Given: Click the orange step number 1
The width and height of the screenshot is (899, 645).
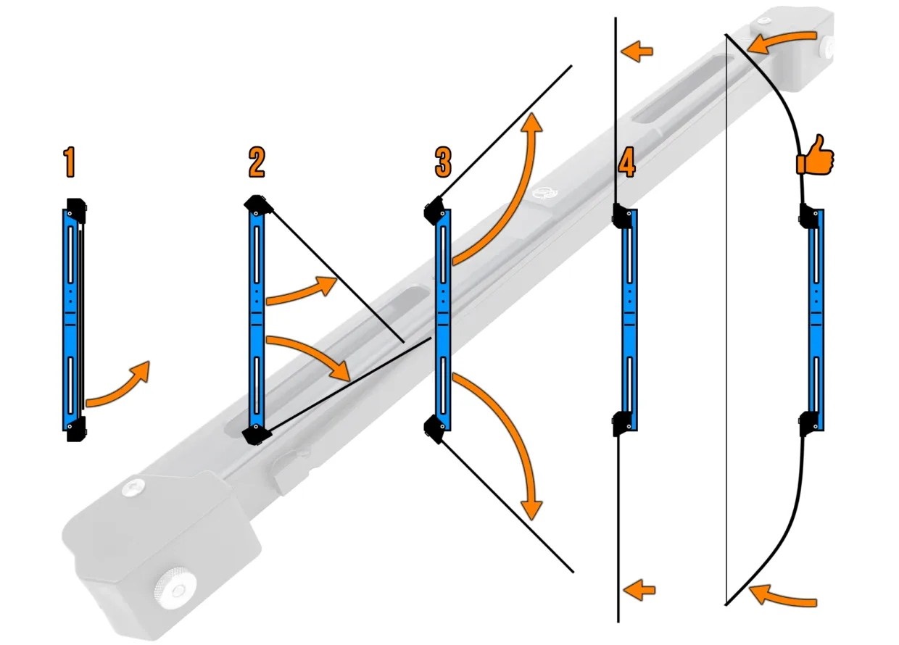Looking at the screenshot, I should click(x=69, y=162).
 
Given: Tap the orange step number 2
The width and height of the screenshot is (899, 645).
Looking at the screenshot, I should click(x=256, y=162).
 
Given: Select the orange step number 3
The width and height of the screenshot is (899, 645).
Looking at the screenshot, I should click(x=443, y=162).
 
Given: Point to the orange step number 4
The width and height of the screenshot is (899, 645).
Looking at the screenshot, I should click(x=626, y=162).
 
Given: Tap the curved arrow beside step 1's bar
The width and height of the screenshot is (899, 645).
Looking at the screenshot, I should click(x=120, y=384).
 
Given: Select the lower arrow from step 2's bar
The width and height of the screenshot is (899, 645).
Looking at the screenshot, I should click(x=312, y=357).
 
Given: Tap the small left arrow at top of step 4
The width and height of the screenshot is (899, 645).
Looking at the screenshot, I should click(x=638, y=51).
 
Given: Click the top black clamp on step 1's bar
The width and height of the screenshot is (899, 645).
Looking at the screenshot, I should click(x=76, y=208).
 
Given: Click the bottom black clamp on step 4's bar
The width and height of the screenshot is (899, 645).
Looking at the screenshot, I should click(x=624, y=423).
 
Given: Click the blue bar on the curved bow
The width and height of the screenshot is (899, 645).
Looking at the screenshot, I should click(x=816, y=319).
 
